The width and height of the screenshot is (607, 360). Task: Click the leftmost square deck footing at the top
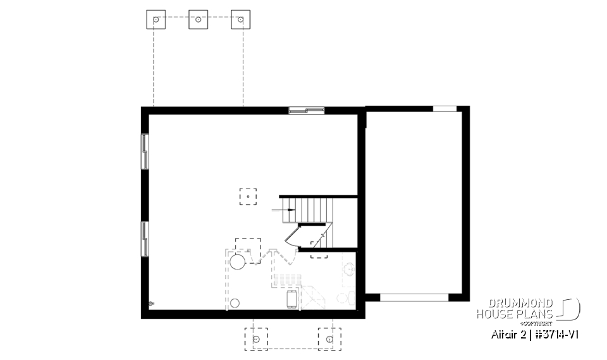pos(156,20)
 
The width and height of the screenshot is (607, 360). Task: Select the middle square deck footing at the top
pos(198,20)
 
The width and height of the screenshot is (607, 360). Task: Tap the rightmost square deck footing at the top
pos(240,20)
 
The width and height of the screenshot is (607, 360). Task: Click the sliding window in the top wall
pos(307,111)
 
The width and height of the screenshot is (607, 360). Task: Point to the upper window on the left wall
pos(145,152)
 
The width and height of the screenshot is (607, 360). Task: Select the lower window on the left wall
pos(145,239)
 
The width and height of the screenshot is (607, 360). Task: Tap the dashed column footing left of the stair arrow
pos(248,197)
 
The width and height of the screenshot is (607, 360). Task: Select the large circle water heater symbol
pos(238,261)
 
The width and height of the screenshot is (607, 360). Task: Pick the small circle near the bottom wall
pos(235,303)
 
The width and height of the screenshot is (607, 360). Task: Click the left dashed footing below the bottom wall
pos(256,338)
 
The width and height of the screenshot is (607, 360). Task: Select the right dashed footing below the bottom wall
pos(329,338)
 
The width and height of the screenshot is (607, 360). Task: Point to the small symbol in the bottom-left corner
pos(151,304)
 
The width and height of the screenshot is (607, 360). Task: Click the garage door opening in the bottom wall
pos(414,296)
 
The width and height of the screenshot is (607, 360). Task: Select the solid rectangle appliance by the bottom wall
pos(291,299)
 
